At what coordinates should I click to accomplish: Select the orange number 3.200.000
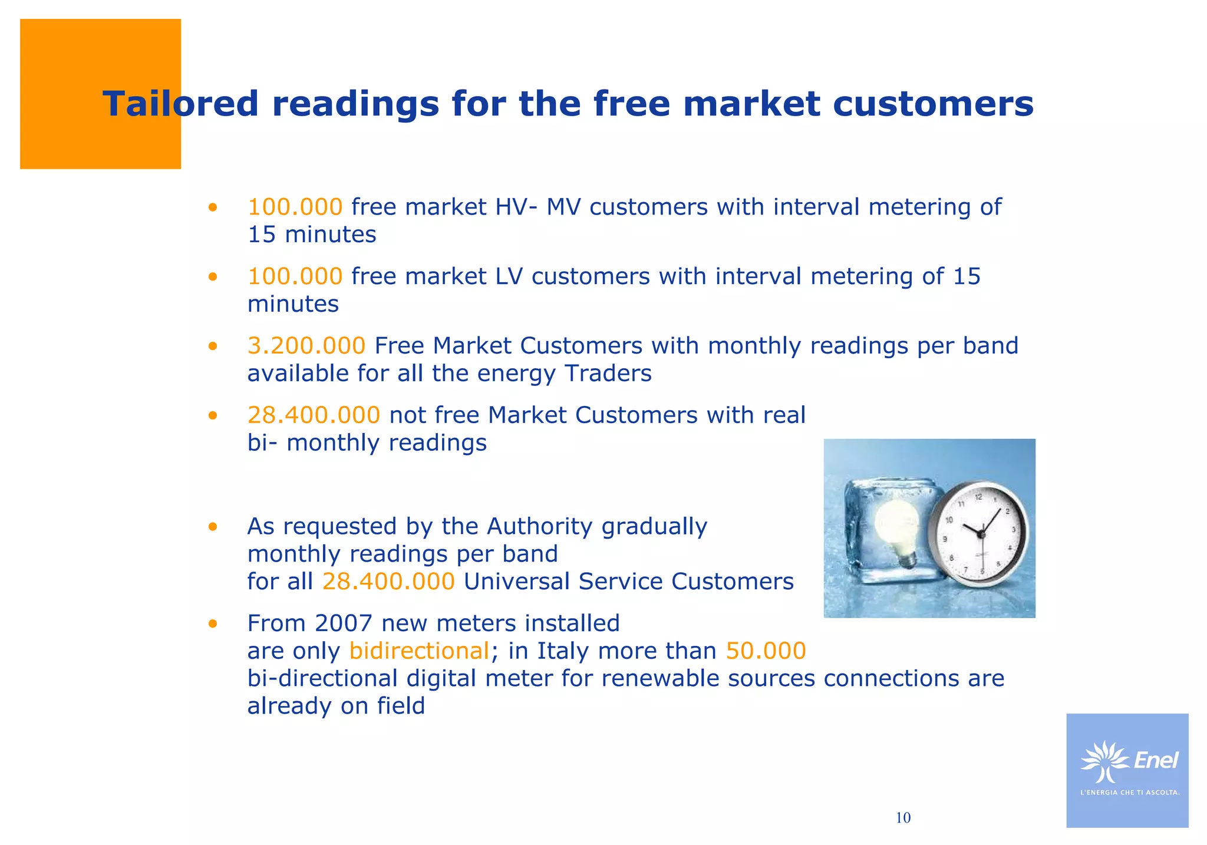tap(306, 346)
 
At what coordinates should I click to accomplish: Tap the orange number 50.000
tap(766, 651)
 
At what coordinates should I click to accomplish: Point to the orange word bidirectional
tap(419, 651)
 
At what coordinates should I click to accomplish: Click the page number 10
tap(903, 818)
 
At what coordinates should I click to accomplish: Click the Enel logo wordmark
tap(1156, 761)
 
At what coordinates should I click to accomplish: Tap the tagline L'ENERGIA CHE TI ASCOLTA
tap(1130, 793)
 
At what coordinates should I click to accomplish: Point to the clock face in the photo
tap(980, 533)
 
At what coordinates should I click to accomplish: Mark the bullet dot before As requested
tap(213, 526)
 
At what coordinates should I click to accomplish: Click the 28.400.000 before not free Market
tap(314, 415)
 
